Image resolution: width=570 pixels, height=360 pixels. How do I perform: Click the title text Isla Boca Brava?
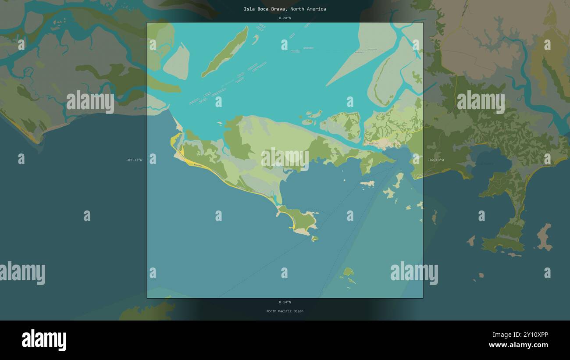coord(265,9)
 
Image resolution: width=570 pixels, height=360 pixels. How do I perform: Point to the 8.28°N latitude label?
coord(285,18)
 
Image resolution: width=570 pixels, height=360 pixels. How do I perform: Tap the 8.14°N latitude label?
coord(285,302)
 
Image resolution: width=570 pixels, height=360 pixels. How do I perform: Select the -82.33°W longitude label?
coord(134,160)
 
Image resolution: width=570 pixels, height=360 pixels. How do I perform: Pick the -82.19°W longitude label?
coord(435,160)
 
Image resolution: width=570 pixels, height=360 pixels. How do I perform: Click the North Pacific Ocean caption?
coord(285,311)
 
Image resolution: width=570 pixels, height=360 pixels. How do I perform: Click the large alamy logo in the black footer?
coord(44,340)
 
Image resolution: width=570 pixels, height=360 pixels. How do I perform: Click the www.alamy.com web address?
coord(518,345)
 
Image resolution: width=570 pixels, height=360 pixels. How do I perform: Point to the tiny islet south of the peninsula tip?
coord(314,239)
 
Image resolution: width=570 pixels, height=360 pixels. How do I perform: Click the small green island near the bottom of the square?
coord(348,272)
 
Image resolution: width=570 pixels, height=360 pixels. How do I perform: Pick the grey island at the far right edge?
coord(544,237)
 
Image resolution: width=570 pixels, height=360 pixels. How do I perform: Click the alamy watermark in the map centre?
coord(285,159)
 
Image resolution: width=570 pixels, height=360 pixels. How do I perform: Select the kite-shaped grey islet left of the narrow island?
coord(177,62)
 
